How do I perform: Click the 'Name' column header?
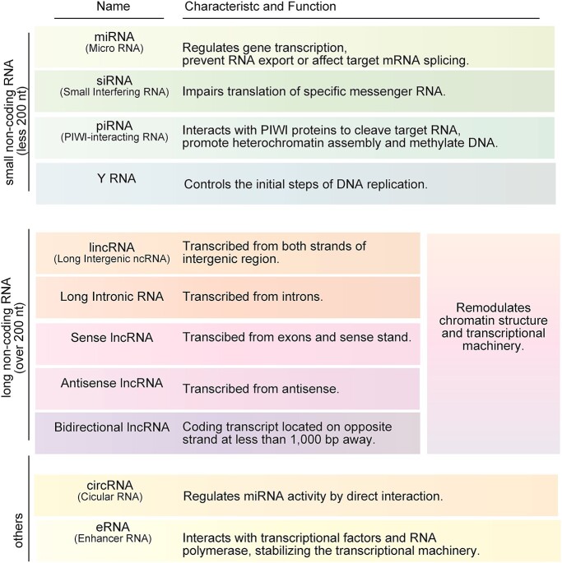click(x=113, y=7)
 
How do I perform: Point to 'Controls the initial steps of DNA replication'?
click(x=304, y=183)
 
